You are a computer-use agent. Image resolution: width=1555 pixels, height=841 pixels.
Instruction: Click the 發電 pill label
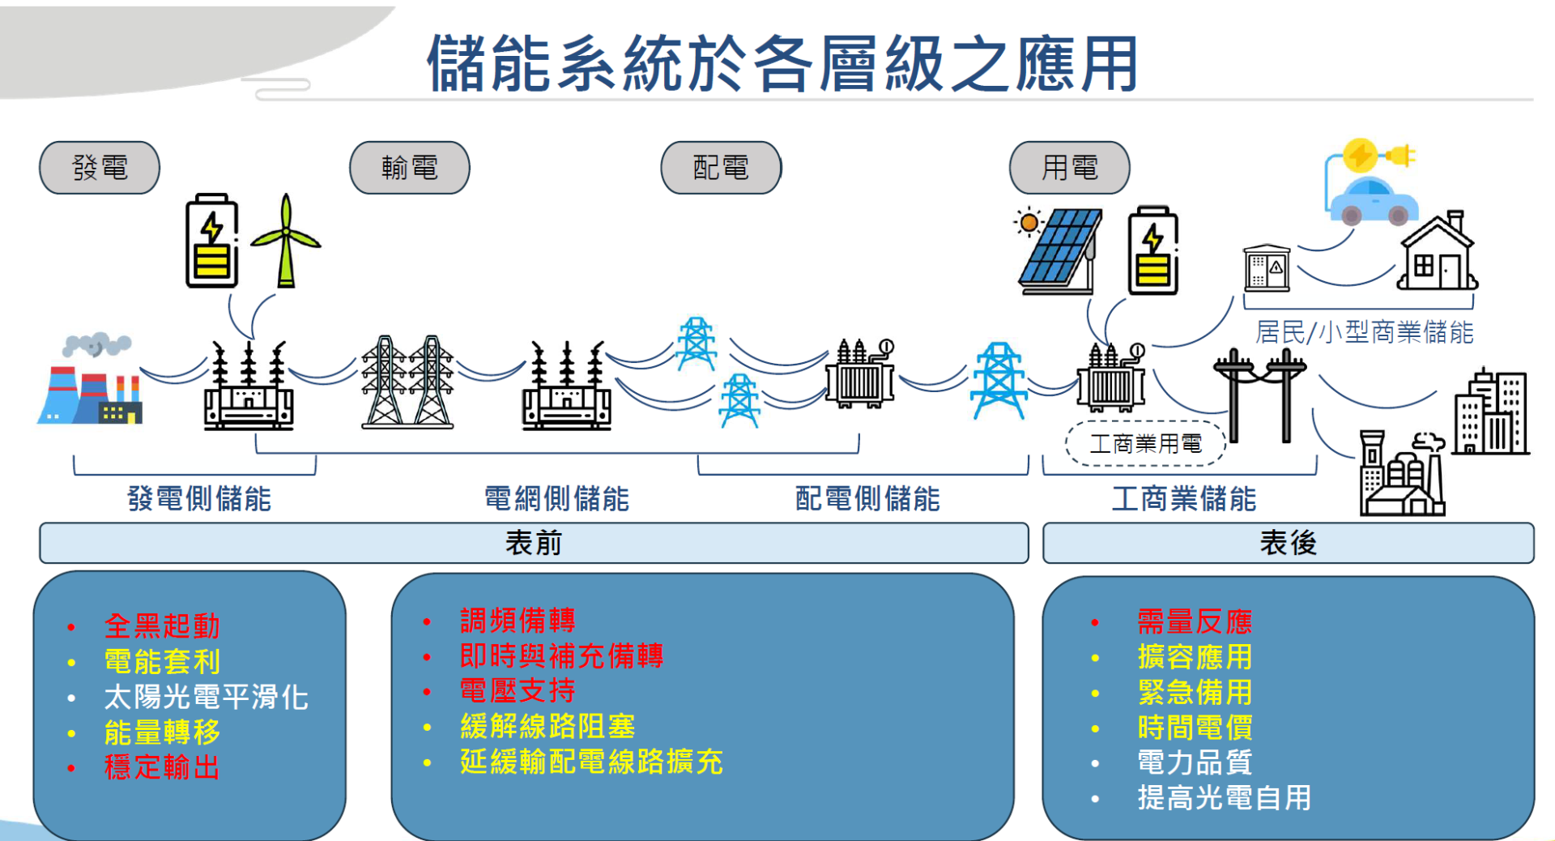(100, 168)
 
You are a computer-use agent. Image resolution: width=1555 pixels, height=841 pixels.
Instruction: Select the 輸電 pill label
(410, 168)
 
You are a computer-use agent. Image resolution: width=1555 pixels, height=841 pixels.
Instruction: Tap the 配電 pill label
(721, 168)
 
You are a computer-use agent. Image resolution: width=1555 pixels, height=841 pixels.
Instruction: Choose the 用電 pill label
(1069, 168)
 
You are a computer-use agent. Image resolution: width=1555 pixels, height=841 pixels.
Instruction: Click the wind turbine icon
(286, 241)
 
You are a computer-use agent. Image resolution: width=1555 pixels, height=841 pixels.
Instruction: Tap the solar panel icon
(1059, 250)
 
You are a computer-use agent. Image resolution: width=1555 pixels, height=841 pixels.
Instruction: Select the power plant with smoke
(91, 379)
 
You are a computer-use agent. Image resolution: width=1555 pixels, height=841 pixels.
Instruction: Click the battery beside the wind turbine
(212, 241)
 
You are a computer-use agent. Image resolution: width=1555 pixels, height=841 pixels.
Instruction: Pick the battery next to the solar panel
(1153, 250)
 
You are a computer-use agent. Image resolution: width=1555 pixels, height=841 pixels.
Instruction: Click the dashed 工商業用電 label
(1145, 444)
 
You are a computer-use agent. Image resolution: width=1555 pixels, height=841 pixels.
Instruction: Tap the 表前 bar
(534, 543)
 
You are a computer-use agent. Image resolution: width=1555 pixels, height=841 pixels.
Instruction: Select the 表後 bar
(1288, 543)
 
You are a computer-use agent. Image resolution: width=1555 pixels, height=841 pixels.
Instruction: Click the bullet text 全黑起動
(162, 625)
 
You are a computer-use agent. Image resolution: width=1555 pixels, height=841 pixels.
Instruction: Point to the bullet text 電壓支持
(518, 690)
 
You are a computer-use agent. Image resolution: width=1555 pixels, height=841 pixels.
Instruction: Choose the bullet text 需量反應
(1195, 621)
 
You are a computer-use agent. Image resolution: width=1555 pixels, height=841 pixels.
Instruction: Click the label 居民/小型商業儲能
(1364, 332)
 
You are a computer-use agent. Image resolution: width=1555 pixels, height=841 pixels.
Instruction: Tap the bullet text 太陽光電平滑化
(206, 697)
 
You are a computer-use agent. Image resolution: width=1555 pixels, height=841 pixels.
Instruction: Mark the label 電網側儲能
(556, 498)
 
